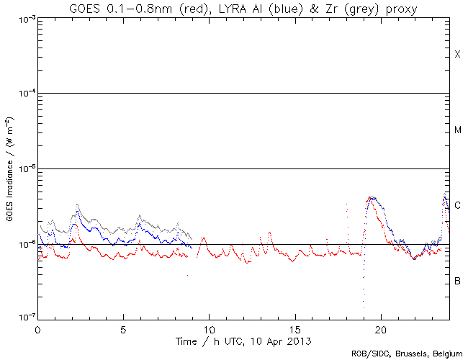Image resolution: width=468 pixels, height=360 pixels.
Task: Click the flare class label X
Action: [457, 55]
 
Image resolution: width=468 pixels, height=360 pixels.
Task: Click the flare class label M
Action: [457, 130]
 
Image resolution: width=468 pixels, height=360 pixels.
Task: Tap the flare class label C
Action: [457, 205]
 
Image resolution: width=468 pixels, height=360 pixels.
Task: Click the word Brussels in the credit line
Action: [409, 354]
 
